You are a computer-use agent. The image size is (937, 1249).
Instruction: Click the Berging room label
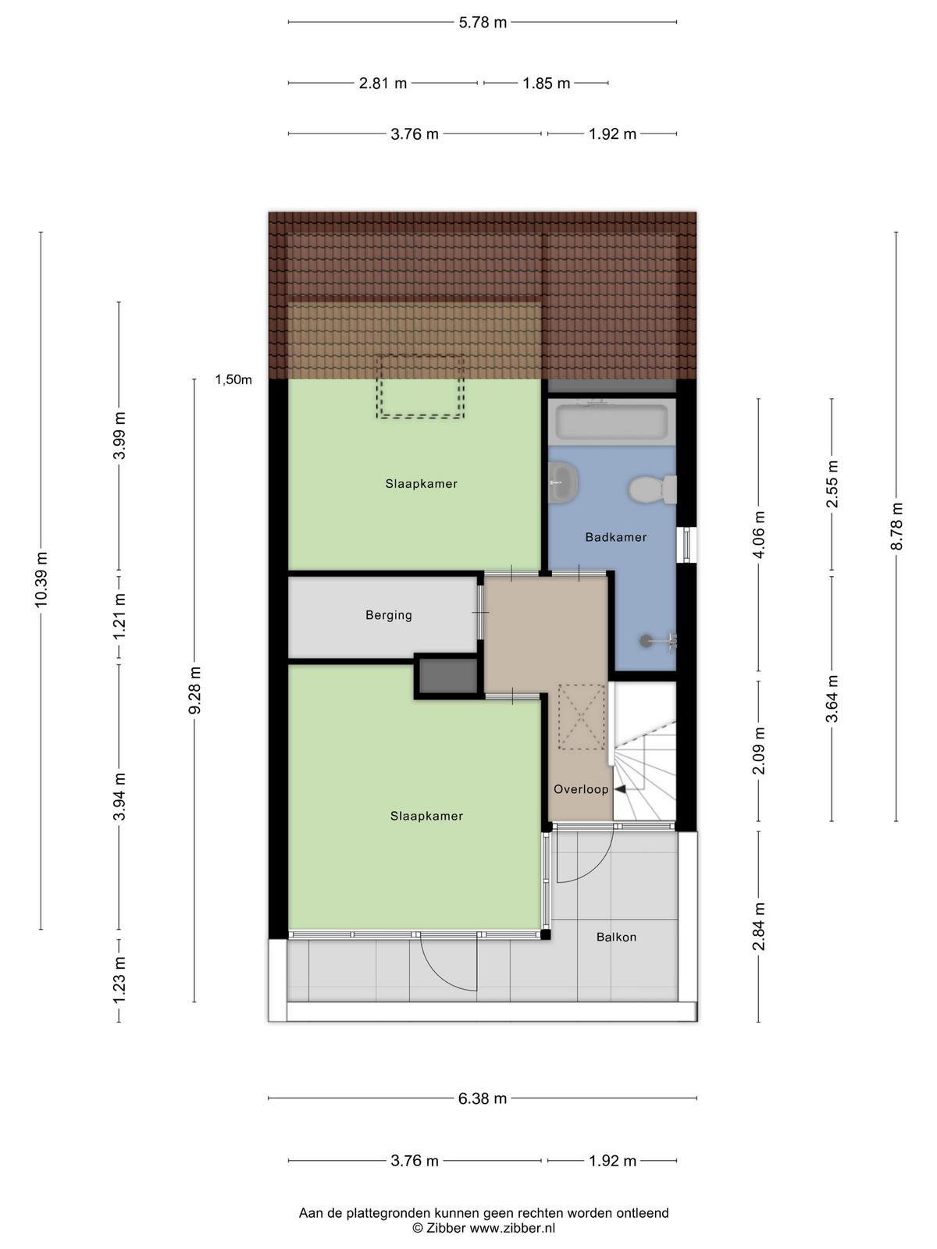click(389, 615)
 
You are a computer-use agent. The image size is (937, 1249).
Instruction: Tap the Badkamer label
click(615, 536)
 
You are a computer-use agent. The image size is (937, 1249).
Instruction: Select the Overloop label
click(581, 789)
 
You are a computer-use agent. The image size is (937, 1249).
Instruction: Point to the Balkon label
click(616, 938)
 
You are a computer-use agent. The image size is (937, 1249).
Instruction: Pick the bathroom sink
click(564, 482)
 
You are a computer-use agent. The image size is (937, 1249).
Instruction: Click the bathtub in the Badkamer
click(611, 422)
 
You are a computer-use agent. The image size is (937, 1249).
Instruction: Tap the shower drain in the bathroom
click(645, 641)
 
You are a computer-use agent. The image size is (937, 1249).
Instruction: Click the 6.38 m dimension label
click(483, 1098)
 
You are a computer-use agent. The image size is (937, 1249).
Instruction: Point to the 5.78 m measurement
click(483, 23)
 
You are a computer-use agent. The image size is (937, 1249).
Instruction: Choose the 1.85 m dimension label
click(546, 84)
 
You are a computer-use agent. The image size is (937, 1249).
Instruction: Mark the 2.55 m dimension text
click(832, 484)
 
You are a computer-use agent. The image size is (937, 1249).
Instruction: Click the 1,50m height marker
click(233, 379)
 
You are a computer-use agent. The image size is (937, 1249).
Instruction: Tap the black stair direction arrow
click(621, 789)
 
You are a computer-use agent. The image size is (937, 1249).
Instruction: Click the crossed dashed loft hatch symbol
click(581, 717)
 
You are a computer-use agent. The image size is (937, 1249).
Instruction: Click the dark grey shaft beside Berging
click(448, 676)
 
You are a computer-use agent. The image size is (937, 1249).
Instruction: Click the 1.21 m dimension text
click(119, 616)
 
